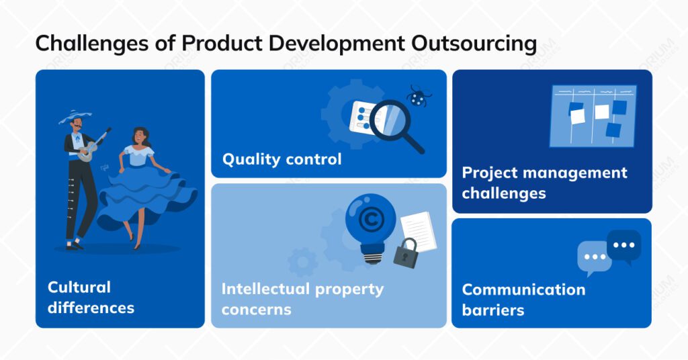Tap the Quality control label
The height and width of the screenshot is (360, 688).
pyautogui.click(x=282, y=159)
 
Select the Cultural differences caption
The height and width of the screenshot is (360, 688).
pyautogui.click(x=91, y=298)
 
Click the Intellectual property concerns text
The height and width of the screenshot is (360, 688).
pyautogui.click(x=302, y=299)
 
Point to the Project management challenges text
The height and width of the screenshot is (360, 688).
pyautogui.click(x=544, y=183)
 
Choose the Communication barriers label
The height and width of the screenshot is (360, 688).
pyautogui.click(x=523, y=300)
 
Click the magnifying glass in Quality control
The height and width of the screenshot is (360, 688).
pyautogui.click(x=393, y=124)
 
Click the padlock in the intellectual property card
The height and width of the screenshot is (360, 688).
pyautogui.click(x=406, y=253)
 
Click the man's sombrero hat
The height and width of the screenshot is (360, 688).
pyautogui.click(x=75, y=117)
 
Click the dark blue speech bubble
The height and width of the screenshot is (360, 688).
pyautogui.click(x=623, y=245)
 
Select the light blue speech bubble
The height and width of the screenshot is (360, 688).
pyautogui.click(x=594, y=258)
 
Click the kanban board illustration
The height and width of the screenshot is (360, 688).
pyautogui.click(x=593, y=116)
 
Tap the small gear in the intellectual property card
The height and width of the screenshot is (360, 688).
pyautogui.click(x=303, y=261)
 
